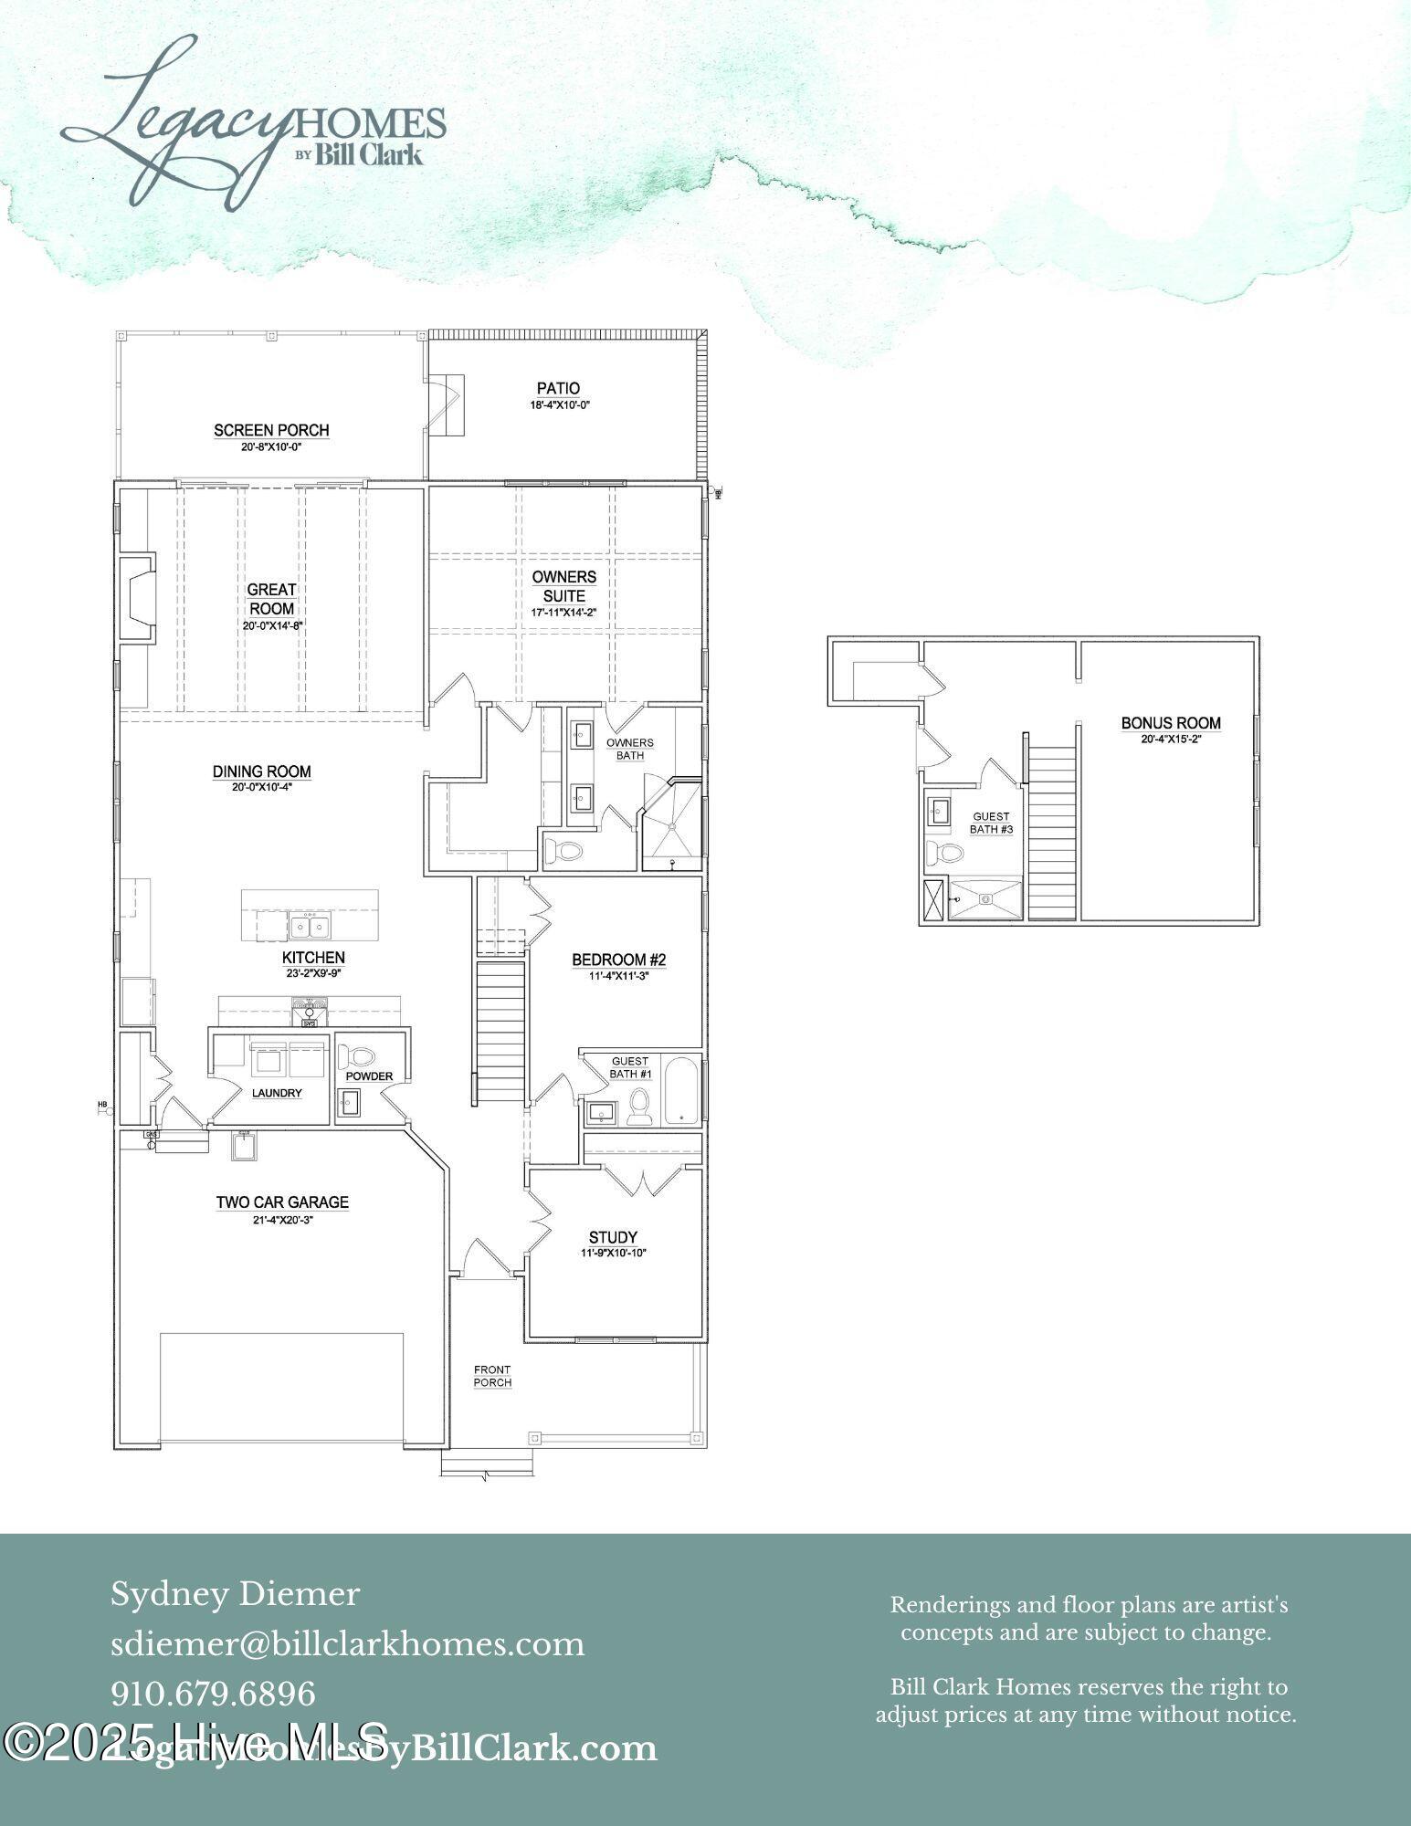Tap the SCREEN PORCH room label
271,430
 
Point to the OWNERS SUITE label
564,586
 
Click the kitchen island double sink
311,926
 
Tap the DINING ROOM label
262,771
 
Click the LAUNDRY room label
277,1093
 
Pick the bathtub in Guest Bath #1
680,1090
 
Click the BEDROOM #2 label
618,960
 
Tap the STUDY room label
613,1237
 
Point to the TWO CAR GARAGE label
282,1202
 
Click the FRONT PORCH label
492,1376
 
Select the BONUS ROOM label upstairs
1171,723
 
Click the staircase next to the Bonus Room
1053,831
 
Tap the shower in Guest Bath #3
986,898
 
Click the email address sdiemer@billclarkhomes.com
348,1644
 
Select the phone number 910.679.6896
214,1694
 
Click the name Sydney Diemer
236,1594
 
